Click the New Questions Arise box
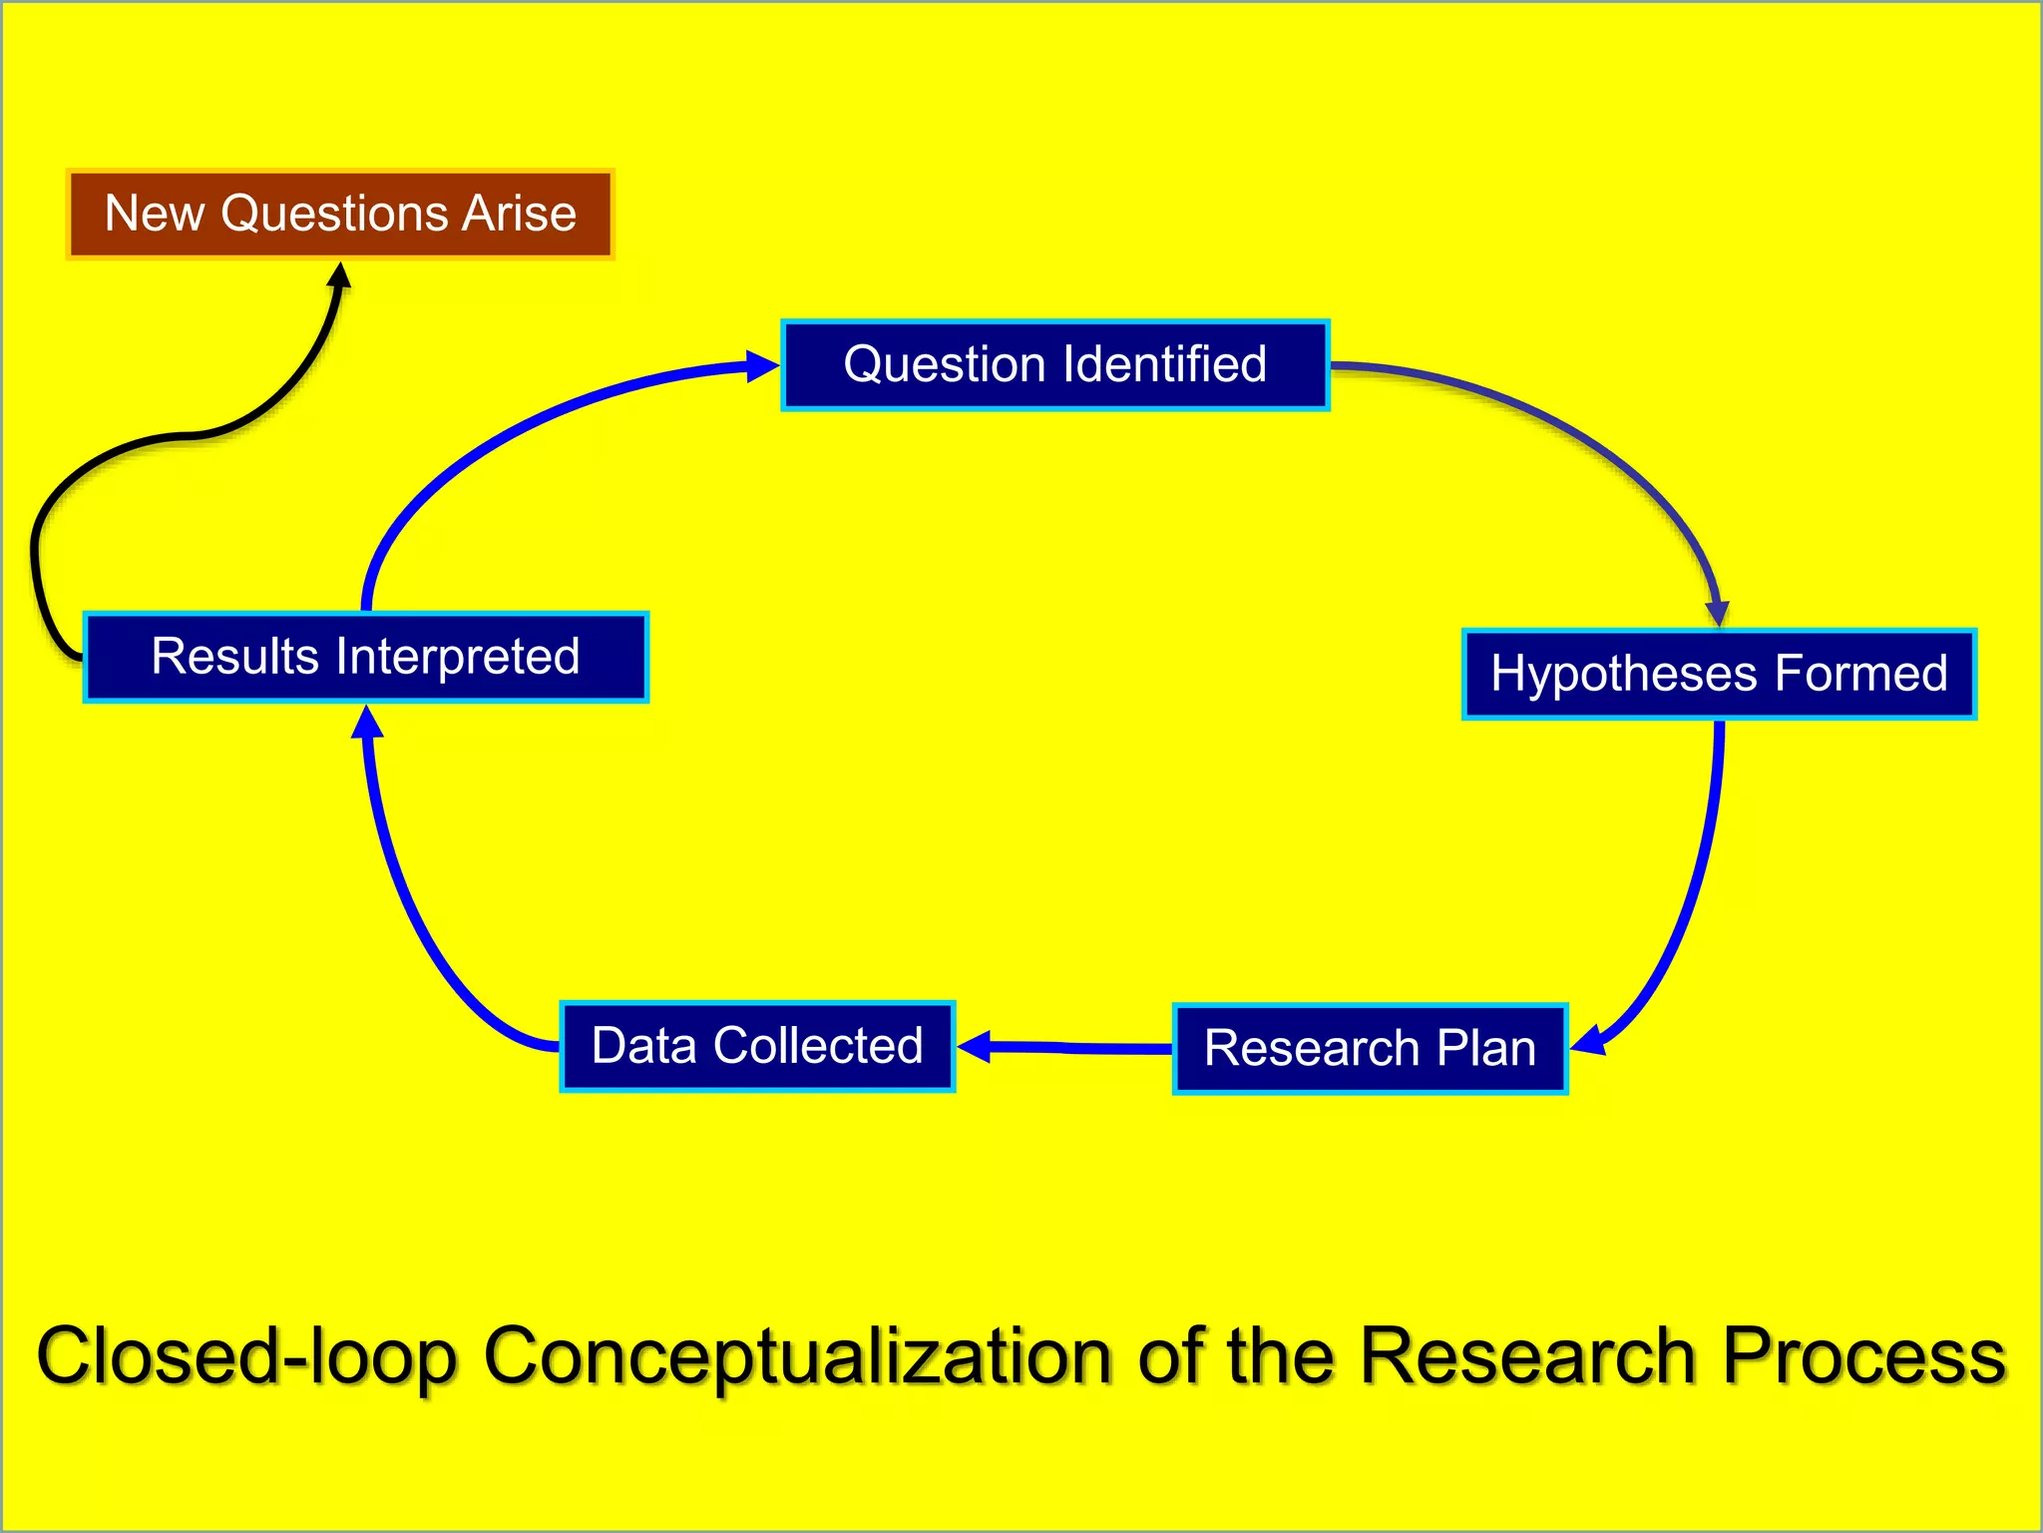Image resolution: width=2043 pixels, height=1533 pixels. pos(340,215)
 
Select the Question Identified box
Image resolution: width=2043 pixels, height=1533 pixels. pos(1054,365)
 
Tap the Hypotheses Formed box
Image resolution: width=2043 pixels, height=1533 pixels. pos(1718,674)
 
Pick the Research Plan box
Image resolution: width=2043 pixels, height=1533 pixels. pos(1370,1049)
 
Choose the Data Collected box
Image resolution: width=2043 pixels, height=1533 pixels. pos(757,1046)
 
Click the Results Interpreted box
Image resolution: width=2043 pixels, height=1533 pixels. pos(365,658)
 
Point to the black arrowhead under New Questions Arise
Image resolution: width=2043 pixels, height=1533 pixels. pos(340,276)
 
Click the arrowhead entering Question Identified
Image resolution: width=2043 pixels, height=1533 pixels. pos(763,366)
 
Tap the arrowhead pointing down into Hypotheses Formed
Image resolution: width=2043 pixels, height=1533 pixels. pos(1717,613)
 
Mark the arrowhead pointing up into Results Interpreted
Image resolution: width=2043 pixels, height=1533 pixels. pos(367,722)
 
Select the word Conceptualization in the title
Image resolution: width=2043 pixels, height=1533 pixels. pos(798,1356)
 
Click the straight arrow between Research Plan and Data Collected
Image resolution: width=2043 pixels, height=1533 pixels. pos(1072,1047)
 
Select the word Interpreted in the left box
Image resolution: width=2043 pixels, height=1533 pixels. pos(458,658)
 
